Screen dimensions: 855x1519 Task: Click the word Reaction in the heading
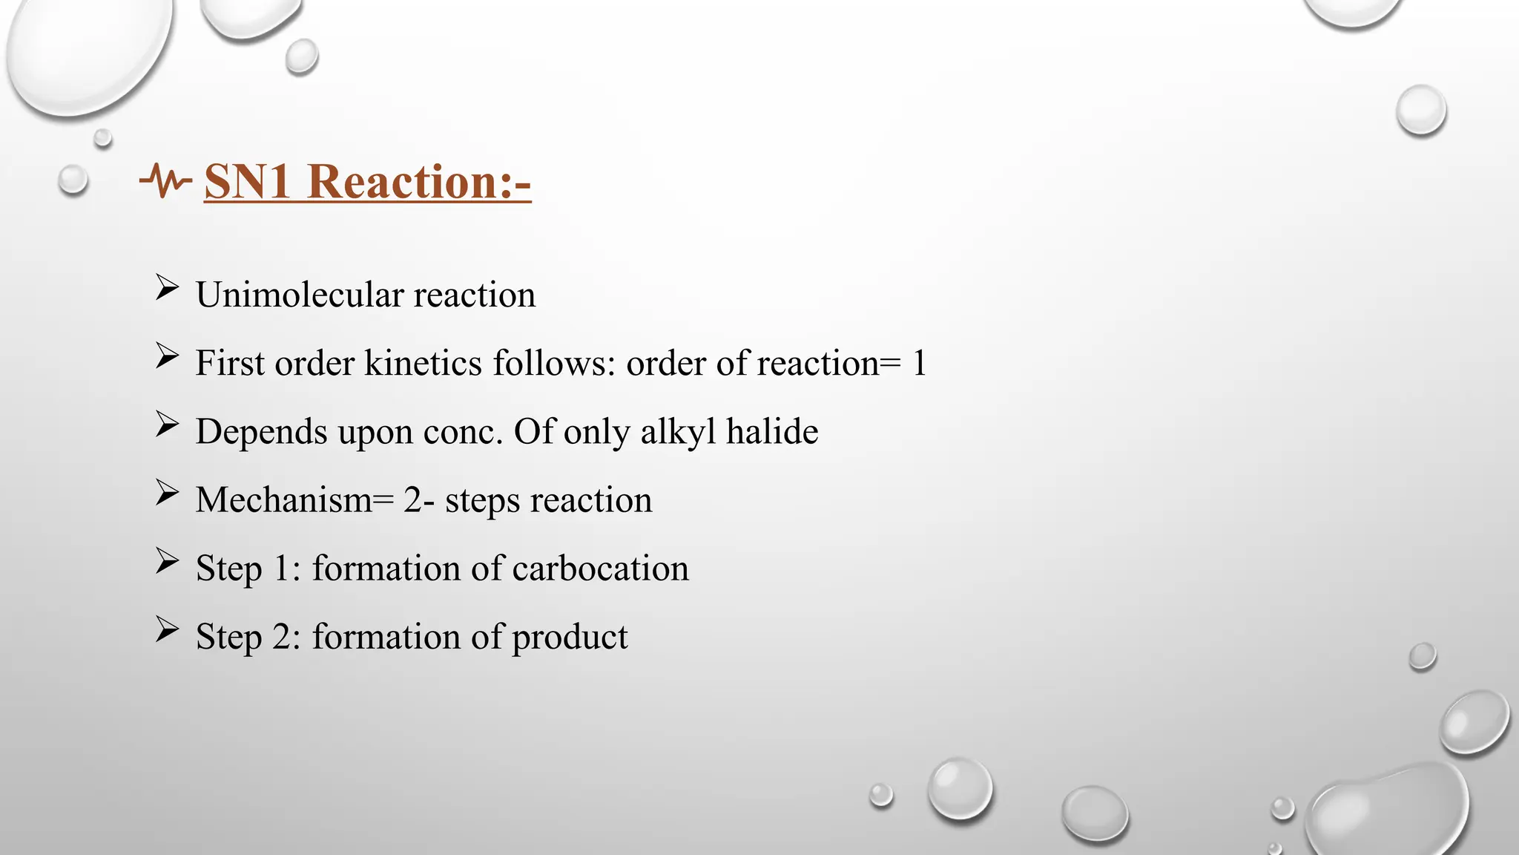point(403,182)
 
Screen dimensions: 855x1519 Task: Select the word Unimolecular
point(300,295)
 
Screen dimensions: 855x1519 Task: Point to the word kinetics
point(424,364)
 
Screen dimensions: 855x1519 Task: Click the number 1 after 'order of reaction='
point(919,364)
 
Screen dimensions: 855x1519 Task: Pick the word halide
point(772,432)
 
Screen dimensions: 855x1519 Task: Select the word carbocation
point(600,569)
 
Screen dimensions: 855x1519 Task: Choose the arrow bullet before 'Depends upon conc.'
point(167,425)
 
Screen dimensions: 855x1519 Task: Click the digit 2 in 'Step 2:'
point(283,637)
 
